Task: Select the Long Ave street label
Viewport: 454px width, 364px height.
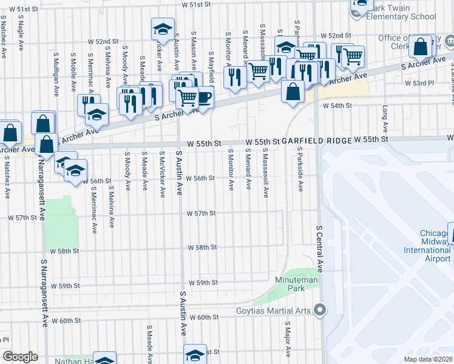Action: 385,119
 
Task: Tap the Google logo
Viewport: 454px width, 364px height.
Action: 20,356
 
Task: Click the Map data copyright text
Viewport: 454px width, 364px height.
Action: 427,359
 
